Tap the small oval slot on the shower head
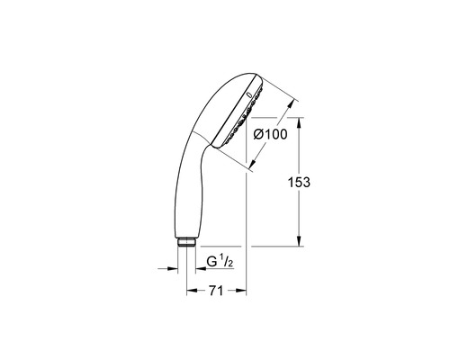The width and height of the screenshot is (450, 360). [247, 92]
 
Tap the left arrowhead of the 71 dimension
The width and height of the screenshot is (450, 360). [191, 290]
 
